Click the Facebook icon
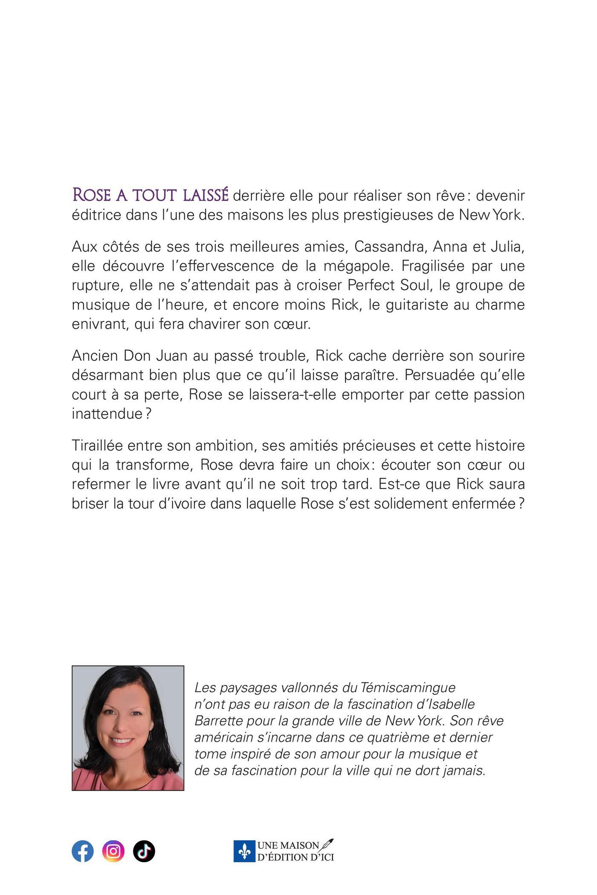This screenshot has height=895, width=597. (x=83, y=851)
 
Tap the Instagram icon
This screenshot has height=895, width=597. (x=113, y=851)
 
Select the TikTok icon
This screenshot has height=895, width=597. (x=144, y=851)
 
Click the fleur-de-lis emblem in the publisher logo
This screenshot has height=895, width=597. (x=244, y=851)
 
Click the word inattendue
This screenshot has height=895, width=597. (x=107, y=414)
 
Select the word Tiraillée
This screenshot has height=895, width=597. (x=97, y=446)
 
